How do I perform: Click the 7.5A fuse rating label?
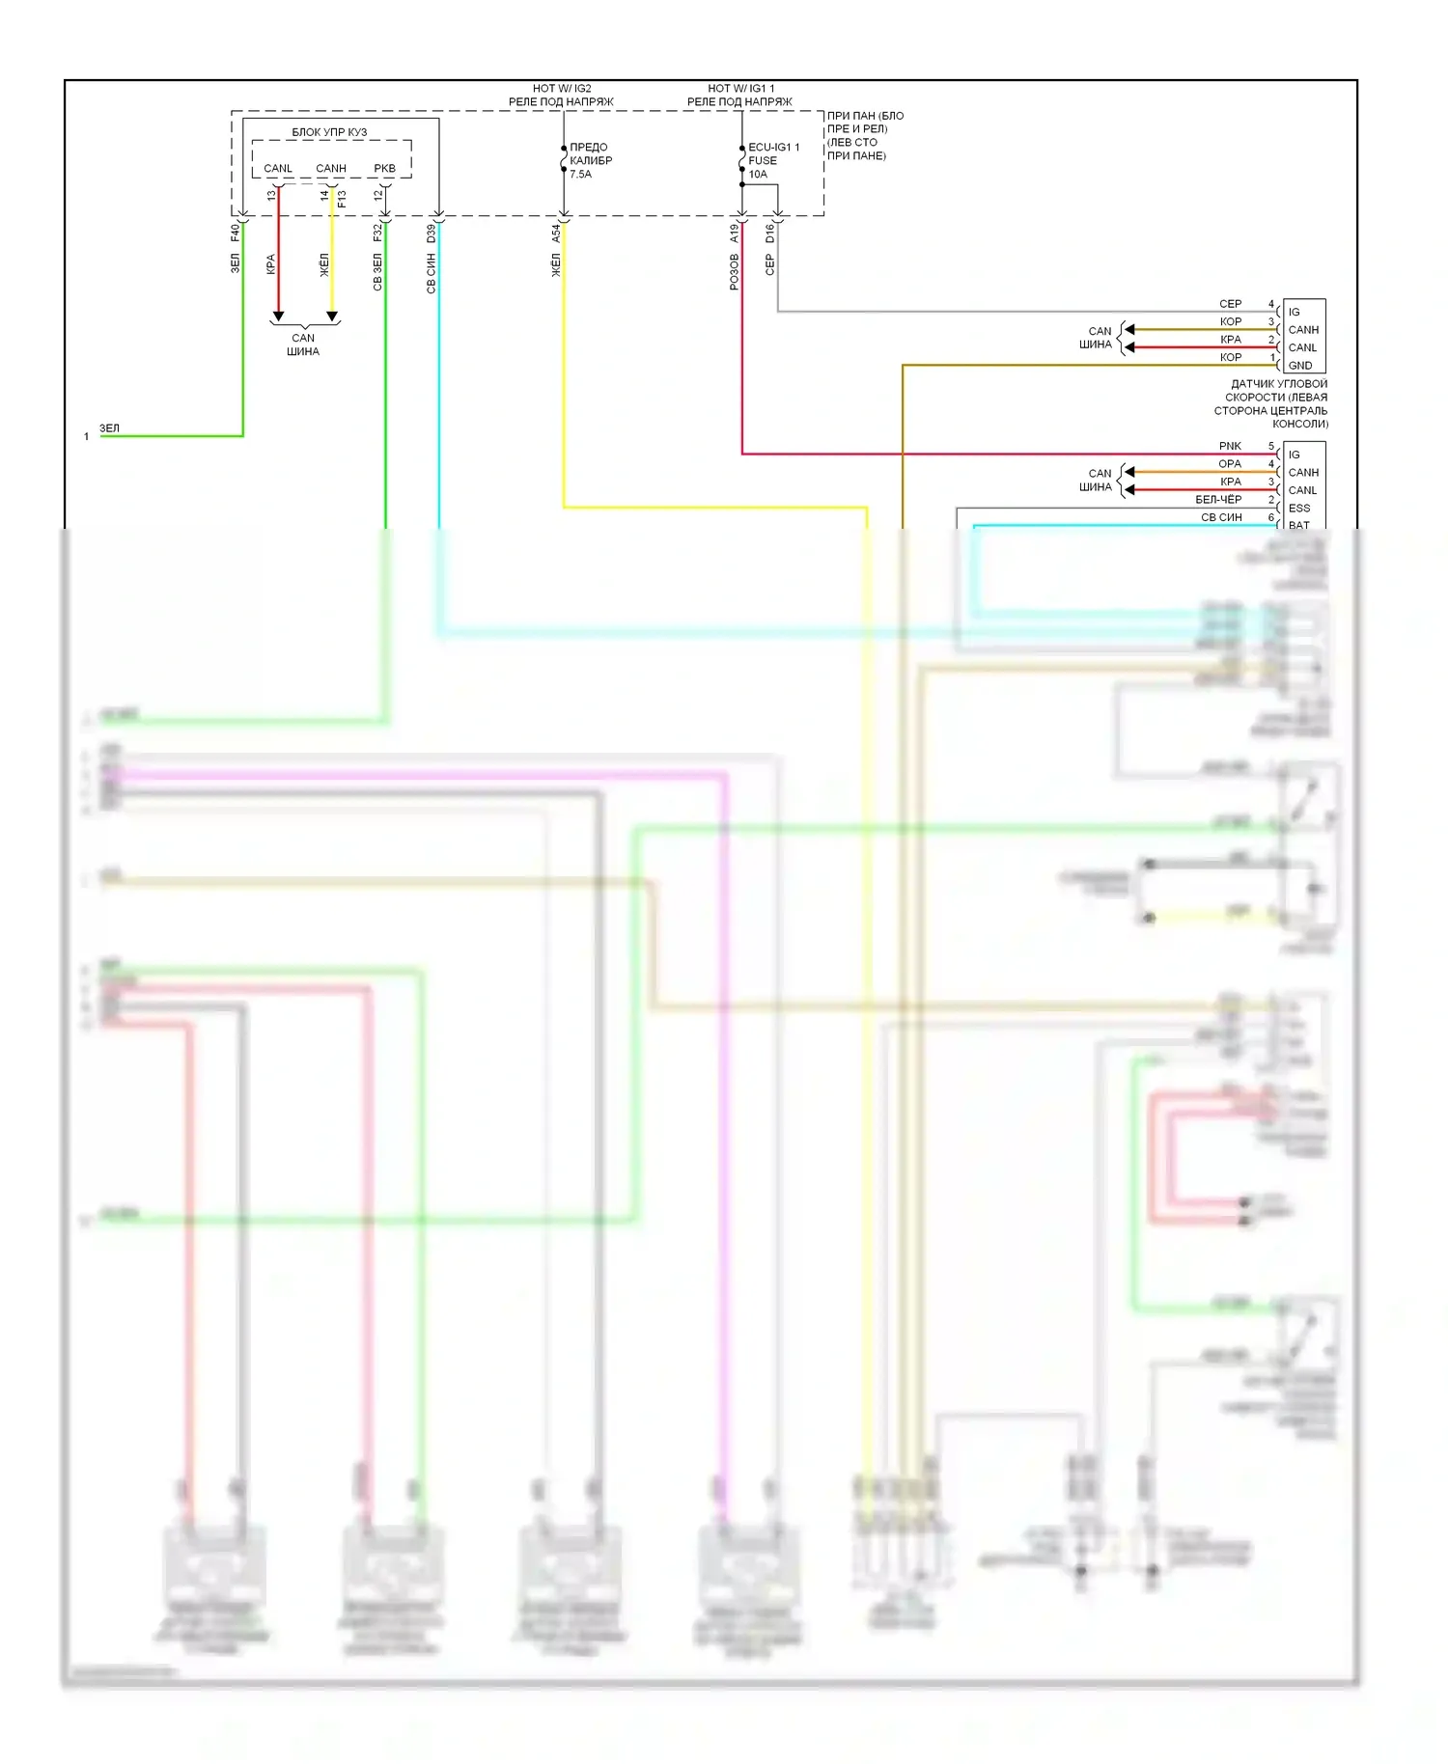pyautogui.click(x=580, y=175)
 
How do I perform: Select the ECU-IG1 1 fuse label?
pyautogui.click(x=773, y=148)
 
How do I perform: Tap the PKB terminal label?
pyautogui.click(x=384, y=169)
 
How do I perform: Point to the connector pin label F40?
pyautogui.click(x=235, y=233)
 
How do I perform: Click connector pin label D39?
pyautogui.click(x=431, y=233)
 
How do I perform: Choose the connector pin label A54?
pyautogui.click(x=556, y=233)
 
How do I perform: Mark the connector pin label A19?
pyautogui.click(x=734, y=233)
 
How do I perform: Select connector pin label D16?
pyautogui.click(x=769, y=233)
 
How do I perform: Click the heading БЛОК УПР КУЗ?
pyautogui.click(x=329, y=132)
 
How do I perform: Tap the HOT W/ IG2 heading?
pyautogui.click(x=562, y=89)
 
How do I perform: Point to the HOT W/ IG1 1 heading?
pyautogui.click(x=740, y=89)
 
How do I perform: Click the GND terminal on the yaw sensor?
pyautogui.click(x=1299, y=366)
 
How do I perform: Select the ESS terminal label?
pyautogui.click(x=1299, y=509)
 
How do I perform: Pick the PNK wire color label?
pyautogui.click(x=1230, y=446)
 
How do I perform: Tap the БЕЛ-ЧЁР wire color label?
pyautogui.click(x=1218, y=500)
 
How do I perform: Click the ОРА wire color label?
pyautogui.click(x=1230, y=464)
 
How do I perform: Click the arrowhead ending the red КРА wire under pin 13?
pyautogui.click(x=278, y=317)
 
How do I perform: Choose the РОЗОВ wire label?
pyautogui.click(x=734, y=272)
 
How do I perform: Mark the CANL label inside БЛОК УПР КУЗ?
pyautogui.click(x=278, y=169)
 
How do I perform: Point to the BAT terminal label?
pyautogui.click(x=1299, y=526)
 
